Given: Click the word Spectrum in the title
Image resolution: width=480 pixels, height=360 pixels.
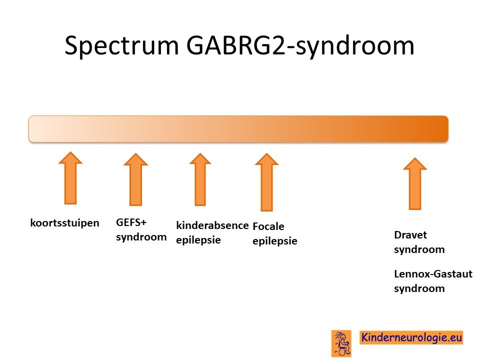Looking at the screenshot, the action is tap(121, 46).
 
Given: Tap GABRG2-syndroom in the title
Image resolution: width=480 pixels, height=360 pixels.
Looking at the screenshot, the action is tap(300, 46).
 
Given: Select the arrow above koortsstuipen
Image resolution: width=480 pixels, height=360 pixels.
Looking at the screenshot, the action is tap(70, 178).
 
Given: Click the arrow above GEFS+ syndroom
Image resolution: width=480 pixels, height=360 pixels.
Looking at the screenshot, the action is tap(135, 179).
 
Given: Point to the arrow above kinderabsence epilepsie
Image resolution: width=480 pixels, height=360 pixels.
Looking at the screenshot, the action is tap(200, 179).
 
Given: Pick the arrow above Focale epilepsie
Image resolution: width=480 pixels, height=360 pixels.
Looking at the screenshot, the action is tap(266, 182).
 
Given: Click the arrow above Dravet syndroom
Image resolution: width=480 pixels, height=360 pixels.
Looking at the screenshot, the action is tap(415, 183).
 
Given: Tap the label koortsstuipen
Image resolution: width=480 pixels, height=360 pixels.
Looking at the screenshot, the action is tap(64, 223).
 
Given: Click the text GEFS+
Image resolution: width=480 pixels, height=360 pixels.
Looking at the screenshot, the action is tap(131, 222).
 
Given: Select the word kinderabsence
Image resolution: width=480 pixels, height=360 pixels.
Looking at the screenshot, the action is tap(212, 225).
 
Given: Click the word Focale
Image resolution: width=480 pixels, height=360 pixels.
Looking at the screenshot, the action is tap(268, 226).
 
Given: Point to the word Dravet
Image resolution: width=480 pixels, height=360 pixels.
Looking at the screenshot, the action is tap(410, 235).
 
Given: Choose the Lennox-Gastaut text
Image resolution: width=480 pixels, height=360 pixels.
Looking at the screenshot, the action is tap(433, 273).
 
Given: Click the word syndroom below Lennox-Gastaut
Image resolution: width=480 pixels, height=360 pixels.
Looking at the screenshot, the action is tap(419, 288).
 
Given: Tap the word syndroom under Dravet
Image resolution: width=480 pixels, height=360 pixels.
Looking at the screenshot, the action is tap(419, 249).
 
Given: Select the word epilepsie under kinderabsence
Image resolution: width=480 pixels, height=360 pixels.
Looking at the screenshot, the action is tap(198, 240).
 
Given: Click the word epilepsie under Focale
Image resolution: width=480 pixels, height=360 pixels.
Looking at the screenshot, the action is tap(275, 241).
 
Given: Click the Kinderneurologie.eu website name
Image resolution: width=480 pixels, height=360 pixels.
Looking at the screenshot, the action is tap(411, 337).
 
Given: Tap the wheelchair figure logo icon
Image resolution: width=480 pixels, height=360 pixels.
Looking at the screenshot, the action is tap(341, 343).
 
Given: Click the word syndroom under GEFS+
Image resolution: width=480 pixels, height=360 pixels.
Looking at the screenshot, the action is tap(141, 237).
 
